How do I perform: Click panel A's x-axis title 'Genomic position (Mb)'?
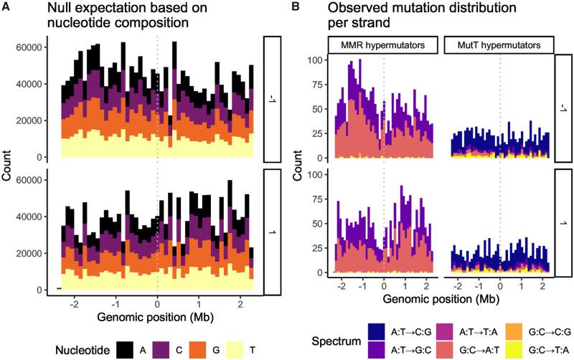[x=158, y=316]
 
